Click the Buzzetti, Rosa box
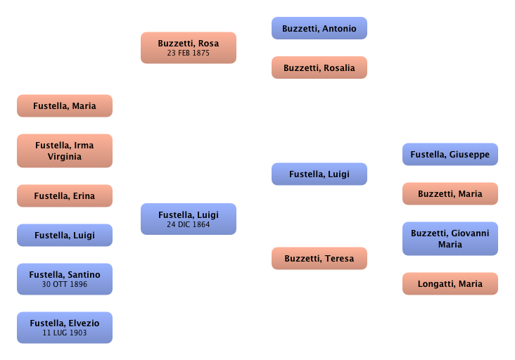pyautogui.click(x=188, y=47)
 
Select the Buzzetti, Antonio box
pyautogui.click(x=319, y=29)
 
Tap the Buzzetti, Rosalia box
pyautogui.click(x=319, y=68)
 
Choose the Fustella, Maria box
pyautogui.click(x=64, y=106)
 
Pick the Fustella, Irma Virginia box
pyautogui.click(x=64, y=151)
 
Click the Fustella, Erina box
pyautogui.click(x=64, y=196)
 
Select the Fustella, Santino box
pyautogui.click(x=64, y=279)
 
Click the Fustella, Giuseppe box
pyautogui.click(x=450, y=154)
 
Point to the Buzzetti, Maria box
pyautogui.click(x=450, y=193)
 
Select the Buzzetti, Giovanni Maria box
pyautogui.click(x=450, y=239)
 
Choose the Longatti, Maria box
pyautogui.click(x=450, y=284)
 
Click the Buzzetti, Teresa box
pyautogui.click(x=319, y=259)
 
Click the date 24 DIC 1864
pyautogui.click(x=188, y=225)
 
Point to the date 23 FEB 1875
pyautogui.click(x=188, y=53)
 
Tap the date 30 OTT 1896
pyautogui.click(x=64, y=284)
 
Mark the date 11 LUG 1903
pyautogui.click(x=64, y=333)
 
